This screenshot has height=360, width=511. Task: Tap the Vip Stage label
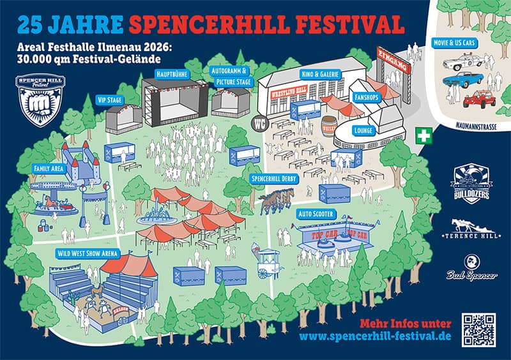click(x=110, y=100)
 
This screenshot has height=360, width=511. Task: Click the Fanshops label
click(x=367, y=98)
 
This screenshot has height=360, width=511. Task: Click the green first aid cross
click(x=423, y=136)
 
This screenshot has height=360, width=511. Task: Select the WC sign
click(x=259, y=123)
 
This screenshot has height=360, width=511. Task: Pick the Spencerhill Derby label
click(x=275, y=179)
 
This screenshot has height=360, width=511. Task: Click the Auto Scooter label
click(x=316, y=214)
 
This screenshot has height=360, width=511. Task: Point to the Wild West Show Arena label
click(x=88, y=253)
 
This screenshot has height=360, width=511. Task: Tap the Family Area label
click(x=47, y=169)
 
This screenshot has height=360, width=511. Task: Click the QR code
click(x=479, y=329)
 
